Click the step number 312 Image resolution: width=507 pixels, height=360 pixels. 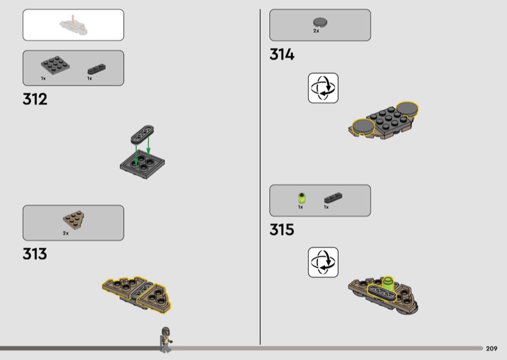pyautogui.click(x=35, y=99)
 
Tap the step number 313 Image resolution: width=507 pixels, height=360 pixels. pyautogui.click(x=35, y=254)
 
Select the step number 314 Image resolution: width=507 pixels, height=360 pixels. pyautogui.click(x=282, y=55)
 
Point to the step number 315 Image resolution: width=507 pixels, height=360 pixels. pyautogui.click(x=282, y=229)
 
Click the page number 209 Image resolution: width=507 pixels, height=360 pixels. pyautogui.click(x=492, y=349)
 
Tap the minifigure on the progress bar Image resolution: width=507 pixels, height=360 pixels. pyautogui.click(x=165, y=340)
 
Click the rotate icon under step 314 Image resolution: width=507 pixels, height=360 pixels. pyautogui.click(x=323, y=88)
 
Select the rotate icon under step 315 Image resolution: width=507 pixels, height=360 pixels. pyautogui.click(x=323, y=262)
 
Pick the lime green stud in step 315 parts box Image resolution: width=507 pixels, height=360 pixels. pyautogui.click(x=302, y=197)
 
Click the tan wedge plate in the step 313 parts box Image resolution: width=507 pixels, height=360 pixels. pyautogui.click(x=74, y=220)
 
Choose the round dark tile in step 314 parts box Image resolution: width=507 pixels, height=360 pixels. pyautogui.click(x=320, y=22)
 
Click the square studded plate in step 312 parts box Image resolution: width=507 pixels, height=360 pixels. pyautogui.click(x=55, y=65)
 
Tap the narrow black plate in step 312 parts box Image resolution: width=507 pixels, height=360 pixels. pyautogui.click(x=96, y=69)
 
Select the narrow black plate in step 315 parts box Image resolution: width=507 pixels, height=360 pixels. pyautogui.click(x=333, y=198)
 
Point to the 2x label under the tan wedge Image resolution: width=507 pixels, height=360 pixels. pyautogui.click(x=66, y=233)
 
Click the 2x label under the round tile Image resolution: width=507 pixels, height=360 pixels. pyautogui.click(x=316, y=31)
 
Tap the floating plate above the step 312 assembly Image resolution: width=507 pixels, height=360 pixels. pyautogui.click(x=142, y=134)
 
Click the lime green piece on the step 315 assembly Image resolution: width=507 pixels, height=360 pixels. pyautogui.click(x=388, y=283)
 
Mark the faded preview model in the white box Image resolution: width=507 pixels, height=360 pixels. pyautogui.click(x=74, y=26)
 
